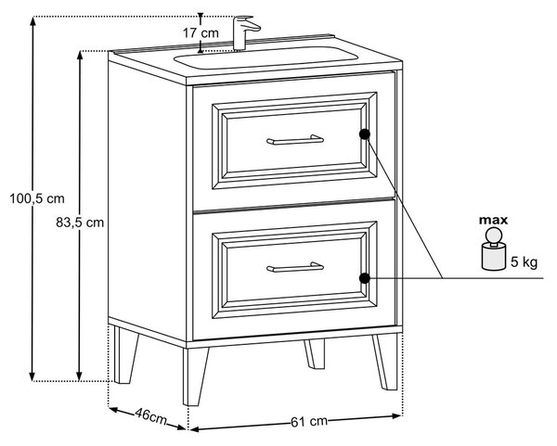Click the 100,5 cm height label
[x=37, y=198]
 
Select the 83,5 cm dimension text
[x=80, y=223]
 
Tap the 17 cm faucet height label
[x=201, y=33]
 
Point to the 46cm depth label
[x=150, y=417]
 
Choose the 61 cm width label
[x=309, y=422]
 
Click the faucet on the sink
[x=245, y=32]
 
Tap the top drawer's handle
[x=295, y=140]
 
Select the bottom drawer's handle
[x=295, y=267]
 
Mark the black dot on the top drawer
[x=365, y=134]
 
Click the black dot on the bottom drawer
[x=365, y=278]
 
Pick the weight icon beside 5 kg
[x=494, y=249]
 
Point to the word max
[x=494, y=221]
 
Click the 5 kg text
[x=524, y=262]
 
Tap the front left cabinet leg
[x=195, y=376]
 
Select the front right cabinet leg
[x=385, y=362]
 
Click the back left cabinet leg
[x=125, y=355]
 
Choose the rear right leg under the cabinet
[x=315, y=354]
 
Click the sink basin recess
[x=266, y=57]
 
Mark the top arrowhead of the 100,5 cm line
[x=32, y=21]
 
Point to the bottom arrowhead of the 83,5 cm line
[x=80, y=376]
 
